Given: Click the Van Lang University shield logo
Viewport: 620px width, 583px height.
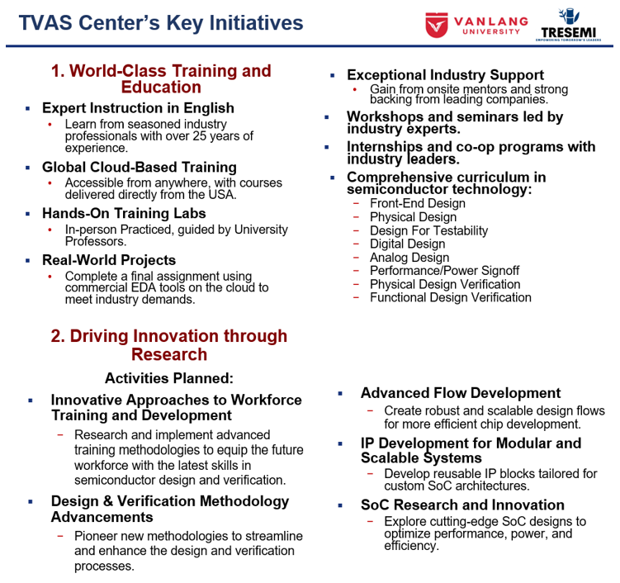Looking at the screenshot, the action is pyautogui.click(x=437, y=25).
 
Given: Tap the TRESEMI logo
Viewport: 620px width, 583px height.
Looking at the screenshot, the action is pyautogui.click(x=568, y=25).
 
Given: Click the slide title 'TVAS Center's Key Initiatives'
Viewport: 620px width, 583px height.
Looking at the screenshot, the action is pyautogui.click(x=161, y=22).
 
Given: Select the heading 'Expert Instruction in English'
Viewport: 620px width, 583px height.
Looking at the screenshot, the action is pyautogui.click(x=138, y=108).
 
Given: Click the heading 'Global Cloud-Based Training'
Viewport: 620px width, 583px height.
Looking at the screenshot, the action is pyautogui.click(x=140, y=168).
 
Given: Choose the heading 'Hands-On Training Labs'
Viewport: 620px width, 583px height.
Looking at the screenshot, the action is pyautogui.click(x=124, y=214).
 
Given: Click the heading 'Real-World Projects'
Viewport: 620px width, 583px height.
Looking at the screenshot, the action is pyautogui.click(x=109, y=260).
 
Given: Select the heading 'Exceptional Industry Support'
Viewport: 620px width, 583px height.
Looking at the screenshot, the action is pyautogui.click(x=445, y=75).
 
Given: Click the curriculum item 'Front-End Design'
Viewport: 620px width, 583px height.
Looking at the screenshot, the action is pyautogui.click(x=418, y=203).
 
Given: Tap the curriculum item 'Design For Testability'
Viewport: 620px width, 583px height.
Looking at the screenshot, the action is pyautogui.click(x=428, y=230).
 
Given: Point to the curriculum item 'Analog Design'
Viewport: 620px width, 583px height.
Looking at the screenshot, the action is pyautogui.click(x=409, y=258).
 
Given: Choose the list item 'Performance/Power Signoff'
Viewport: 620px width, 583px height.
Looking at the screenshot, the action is pyautogui.click(x=444, y=271).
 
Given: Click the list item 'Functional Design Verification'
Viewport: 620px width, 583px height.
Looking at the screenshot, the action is pyautogui.click(x=451, y=297).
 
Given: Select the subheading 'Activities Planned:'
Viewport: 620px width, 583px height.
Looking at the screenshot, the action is pyautogui.click(x=169, y=378).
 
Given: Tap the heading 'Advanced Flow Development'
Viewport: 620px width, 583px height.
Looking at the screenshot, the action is pyautogui.click(x=461, y=393).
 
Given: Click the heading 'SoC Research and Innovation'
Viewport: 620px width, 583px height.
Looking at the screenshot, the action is pyautogui.click(x=462, y=505).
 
